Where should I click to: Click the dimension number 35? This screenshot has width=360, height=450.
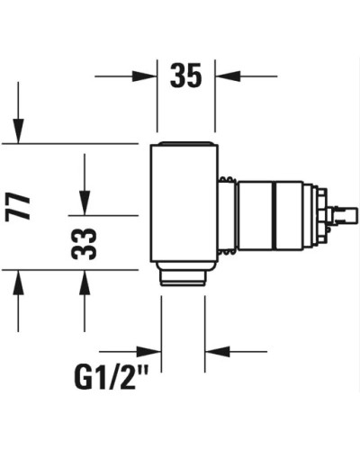186,76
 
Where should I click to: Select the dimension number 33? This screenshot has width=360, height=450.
84,242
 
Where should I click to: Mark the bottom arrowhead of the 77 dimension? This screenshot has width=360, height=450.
17,279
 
